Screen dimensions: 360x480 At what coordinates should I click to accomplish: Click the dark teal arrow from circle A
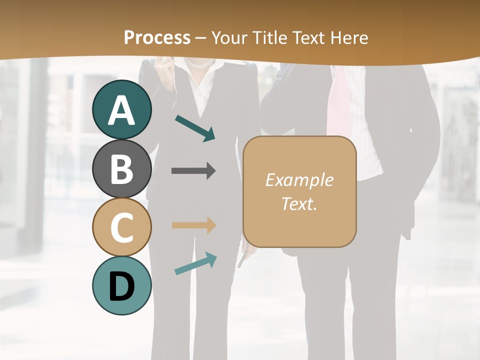(195, 128)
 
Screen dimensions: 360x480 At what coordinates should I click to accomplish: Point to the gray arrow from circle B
(193, 171)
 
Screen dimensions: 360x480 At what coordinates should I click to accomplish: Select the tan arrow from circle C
(193, 225)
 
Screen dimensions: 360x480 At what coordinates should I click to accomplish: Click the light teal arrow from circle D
(195, 263)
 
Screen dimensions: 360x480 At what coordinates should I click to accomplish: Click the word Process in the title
(157, 37)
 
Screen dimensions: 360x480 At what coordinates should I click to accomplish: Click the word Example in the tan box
(299, 180)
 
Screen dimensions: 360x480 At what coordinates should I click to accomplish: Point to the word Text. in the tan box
(299, 204)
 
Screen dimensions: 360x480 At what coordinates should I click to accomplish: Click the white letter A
(122, 110)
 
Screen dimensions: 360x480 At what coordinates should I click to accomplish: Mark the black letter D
(122, 286)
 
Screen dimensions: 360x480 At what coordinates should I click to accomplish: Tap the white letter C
(122, 227)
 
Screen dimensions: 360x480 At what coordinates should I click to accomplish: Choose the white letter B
(122, 168)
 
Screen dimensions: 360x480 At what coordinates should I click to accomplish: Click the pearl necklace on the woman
(199, 63)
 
